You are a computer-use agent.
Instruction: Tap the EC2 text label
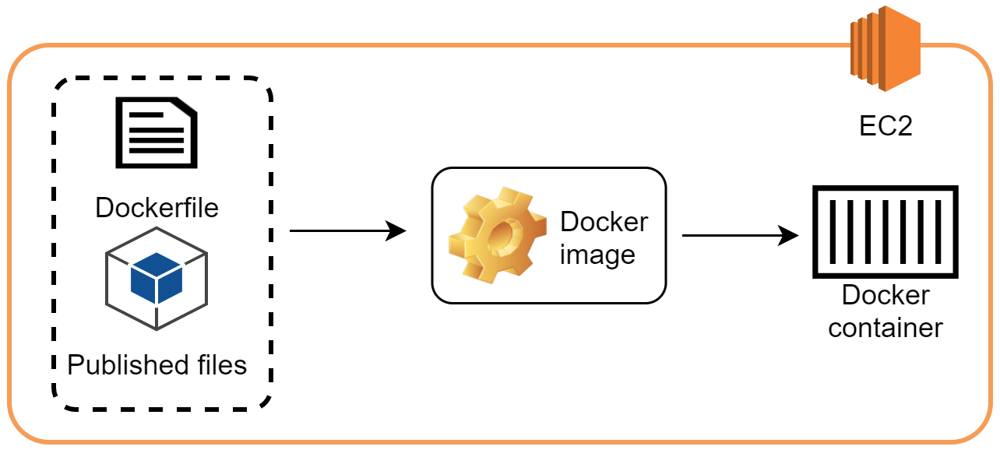(x=886, y=126)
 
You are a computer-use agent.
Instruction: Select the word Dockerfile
(x=157, y=208)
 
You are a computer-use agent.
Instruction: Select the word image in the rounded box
(x=597, y=255)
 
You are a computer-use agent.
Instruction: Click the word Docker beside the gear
(x=604, y=222)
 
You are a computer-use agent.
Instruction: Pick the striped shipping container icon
(x=885, y=232)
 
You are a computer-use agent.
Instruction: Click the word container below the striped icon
(x=886, y=328)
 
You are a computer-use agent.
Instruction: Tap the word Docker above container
(x=886, y=296)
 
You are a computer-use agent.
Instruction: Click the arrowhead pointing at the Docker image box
(x=398, y=230)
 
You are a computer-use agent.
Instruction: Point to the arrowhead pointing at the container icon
(x=790, y=236)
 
